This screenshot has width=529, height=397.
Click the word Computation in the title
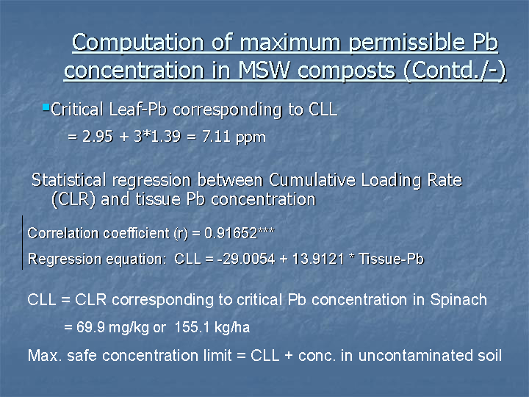137,43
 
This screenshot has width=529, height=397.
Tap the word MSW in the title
264,71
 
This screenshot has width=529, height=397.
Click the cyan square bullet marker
46,107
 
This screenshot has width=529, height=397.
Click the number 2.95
98,137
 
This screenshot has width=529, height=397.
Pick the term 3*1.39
157,137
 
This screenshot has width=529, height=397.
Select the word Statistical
68,180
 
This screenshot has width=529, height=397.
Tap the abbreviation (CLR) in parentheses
73,199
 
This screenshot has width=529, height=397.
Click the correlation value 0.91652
231,233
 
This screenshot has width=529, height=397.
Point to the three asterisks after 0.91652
266,230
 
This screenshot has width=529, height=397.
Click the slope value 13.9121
318,260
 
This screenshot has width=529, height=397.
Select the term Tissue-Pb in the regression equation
391,260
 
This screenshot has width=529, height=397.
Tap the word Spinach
458,300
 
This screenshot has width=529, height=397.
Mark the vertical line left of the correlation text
23,243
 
